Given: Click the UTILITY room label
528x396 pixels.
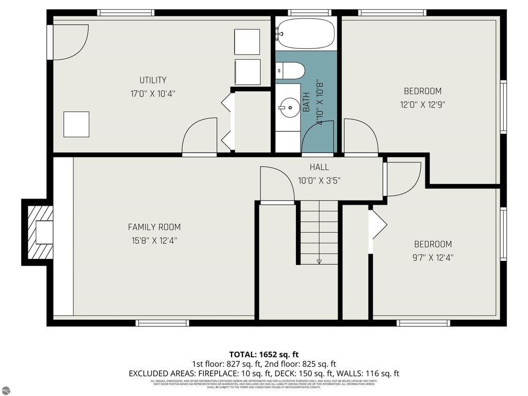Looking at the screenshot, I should click(153, 80).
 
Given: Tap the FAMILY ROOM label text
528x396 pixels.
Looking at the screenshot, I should click(154, 227).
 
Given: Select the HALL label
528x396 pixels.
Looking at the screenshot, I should click(319, 167).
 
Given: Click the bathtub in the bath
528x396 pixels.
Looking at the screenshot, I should click(306, 34).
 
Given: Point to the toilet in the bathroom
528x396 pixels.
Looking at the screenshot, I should click(290, 71).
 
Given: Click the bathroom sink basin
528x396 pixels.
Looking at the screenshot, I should click(288, 107).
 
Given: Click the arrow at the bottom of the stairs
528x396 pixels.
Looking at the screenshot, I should click(319, 261).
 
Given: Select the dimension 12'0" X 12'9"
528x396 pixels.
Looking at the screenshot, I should click(422, 104).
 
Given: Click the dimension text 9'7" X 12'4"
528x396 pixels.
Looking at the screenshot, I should click(433, 257).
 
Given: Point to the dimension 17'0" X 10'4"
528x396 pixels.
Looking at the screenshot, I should click(153, 94).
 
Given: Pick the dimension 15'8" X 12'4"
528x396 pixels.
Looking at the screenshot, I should click(154, 240).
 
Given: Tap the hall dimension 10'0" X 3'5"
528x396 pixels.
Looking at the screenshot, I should click(319, 180).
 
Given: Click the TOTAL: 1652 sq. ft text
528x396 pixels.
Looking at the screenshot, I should click(264, 354).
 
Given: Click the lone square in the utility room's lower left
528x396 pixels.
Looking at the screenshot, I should click(76, 124).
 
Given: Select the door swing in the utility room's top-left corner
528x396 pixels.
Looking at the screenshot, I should click(70, 41).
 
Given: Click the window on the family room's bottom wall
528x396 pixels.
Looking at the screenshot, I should click(162, 323).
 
